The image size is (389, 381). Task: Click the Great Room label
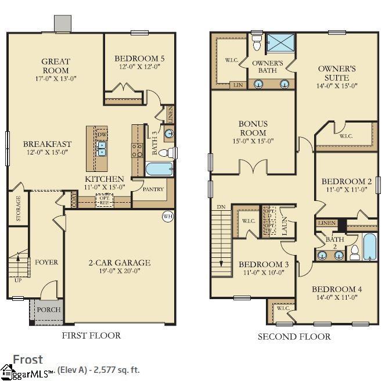point(56,66)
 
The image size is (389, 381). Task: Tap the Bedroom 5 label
point(139,59)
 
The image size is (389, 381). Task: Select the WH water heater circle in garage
point(167,217)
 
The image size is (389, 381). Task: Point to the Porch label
point(49,310)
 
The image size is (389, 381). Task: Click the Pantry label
point(153,189)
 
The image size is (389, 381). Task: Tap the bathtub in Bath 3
point(159,170)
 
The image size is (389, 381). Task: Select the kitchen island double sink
point(102,152)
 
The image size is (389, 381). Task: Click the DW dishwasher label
point(102,135)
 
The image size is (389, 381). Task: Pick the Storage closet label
point(19,209)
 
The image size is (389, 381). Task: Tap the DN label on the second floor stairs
point(221,207)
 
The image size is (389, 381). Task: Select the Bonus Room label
point(253,128)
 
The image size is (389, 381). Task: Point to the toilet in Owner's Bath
point(257,41)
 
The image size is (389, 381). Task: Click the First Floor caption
point(91,335)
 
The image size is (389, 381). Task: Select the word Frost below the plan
point(28,359)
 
